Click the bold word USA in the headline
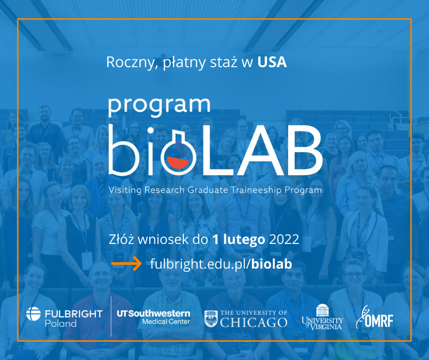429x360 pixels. point(272,62)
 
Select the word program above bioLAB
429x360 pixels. point(159,106)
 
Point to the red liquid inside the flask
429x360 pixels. point(178,162)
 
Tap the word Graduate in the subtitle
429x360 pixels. point(208,190)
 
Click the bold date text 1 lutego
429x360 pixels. point(239,240)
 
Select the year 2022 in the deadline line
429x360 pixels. point(284,240)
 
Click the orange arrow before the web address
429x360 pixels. point(126,264)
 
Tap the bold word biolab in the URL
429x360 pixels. point(272,264)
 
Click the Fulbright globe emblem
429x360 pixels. point(33,314)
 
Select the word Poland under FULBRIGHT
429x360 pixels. point(61,323)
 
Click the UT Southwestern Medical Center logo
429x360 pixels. point(153,317)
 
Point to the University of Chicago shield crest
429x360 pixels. point(211,318)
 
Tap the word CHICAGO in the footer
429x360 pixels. point(254,323)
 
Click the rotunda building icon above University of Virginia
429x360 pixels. point(322,310)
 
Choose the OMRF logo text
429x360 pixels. point(379,321)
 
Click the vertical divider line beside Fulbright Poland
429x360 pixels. point(111,317)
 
